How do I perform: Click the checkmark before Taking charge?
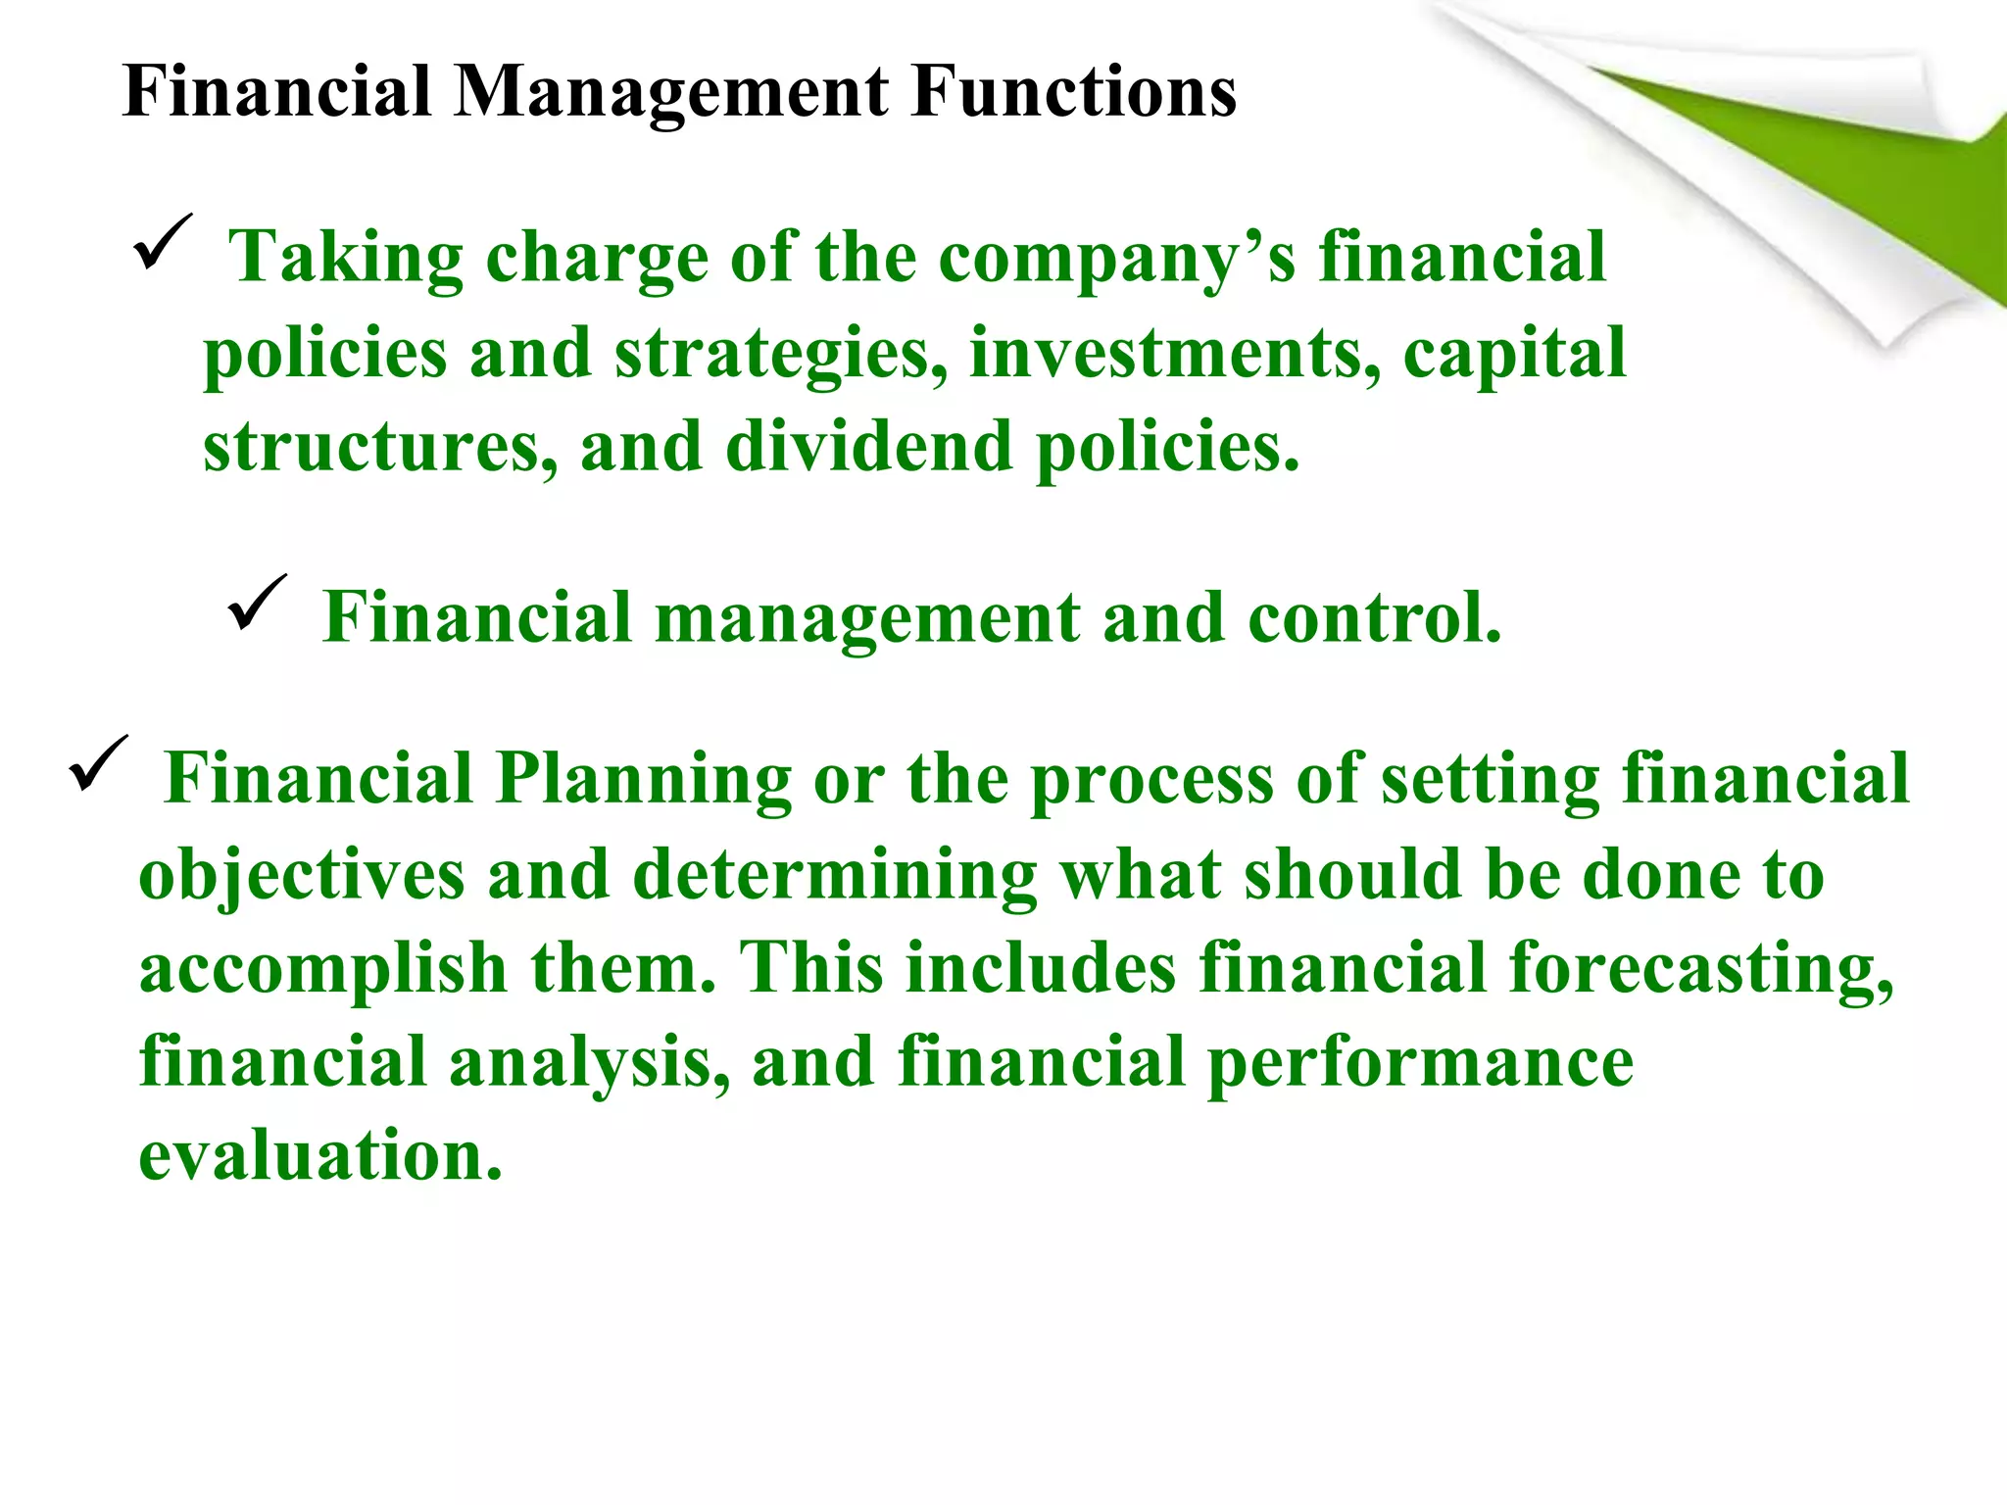162,242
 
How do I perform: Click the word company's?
1116,259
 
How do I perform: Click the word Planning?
643,779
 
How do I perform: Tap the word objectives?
301,875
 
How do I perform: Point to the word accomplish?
322,969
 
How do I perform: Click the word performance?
1420,1063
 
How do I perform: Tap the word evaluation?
320,1156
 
